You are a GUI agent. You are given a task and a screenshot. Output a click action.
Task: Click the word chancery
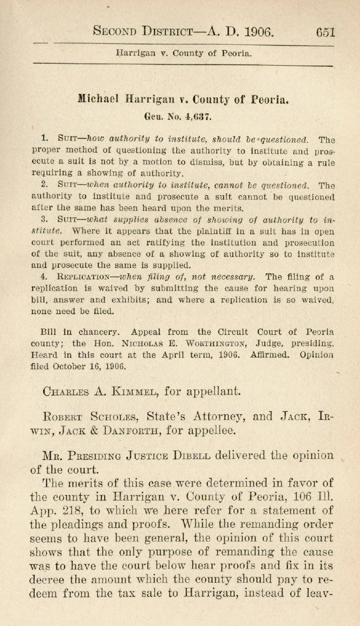[95, 332]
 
